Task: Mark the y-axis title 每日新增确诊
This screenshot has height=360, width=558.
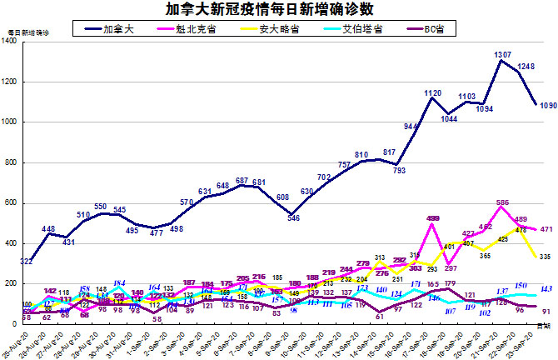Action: [28, 32]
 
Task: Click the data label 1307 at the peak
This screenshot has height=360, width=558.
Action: [502, 54]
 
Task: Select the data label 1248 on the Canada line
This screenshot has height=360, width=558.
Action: [526, 66]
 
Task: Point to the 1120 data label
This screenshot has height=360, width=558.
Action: [433, 93]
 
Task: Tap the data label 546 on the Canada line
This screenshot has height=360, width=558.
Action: [294, 218]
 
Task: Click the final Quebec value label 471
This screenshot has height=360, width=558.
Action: [548, 228]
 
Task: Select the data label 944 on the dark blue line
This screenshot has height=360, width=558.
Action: [411, 126]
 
